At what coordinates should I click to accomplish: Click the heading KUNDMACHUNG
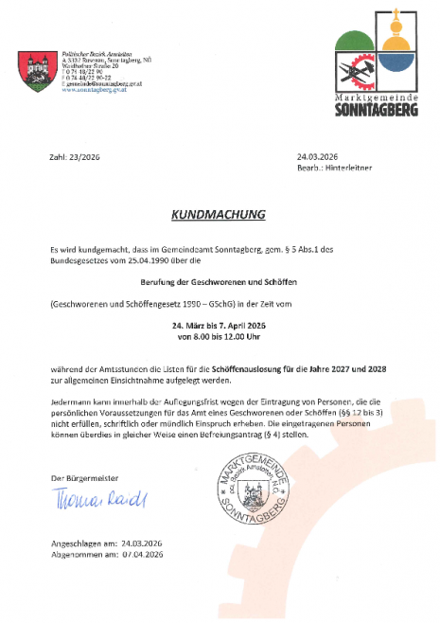pyautogui.click(x=219, y=214)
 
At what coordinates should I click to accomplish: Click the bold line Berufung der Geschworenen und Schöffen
pyautogui.click(x=219, y=281)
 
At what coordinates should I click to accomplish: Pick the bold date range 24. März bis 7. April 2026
pyautogui.click(x=219, y=324)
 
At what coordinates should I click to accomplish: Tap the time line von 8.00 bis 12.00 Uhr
pyautogui.click(x=219, y=335)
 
